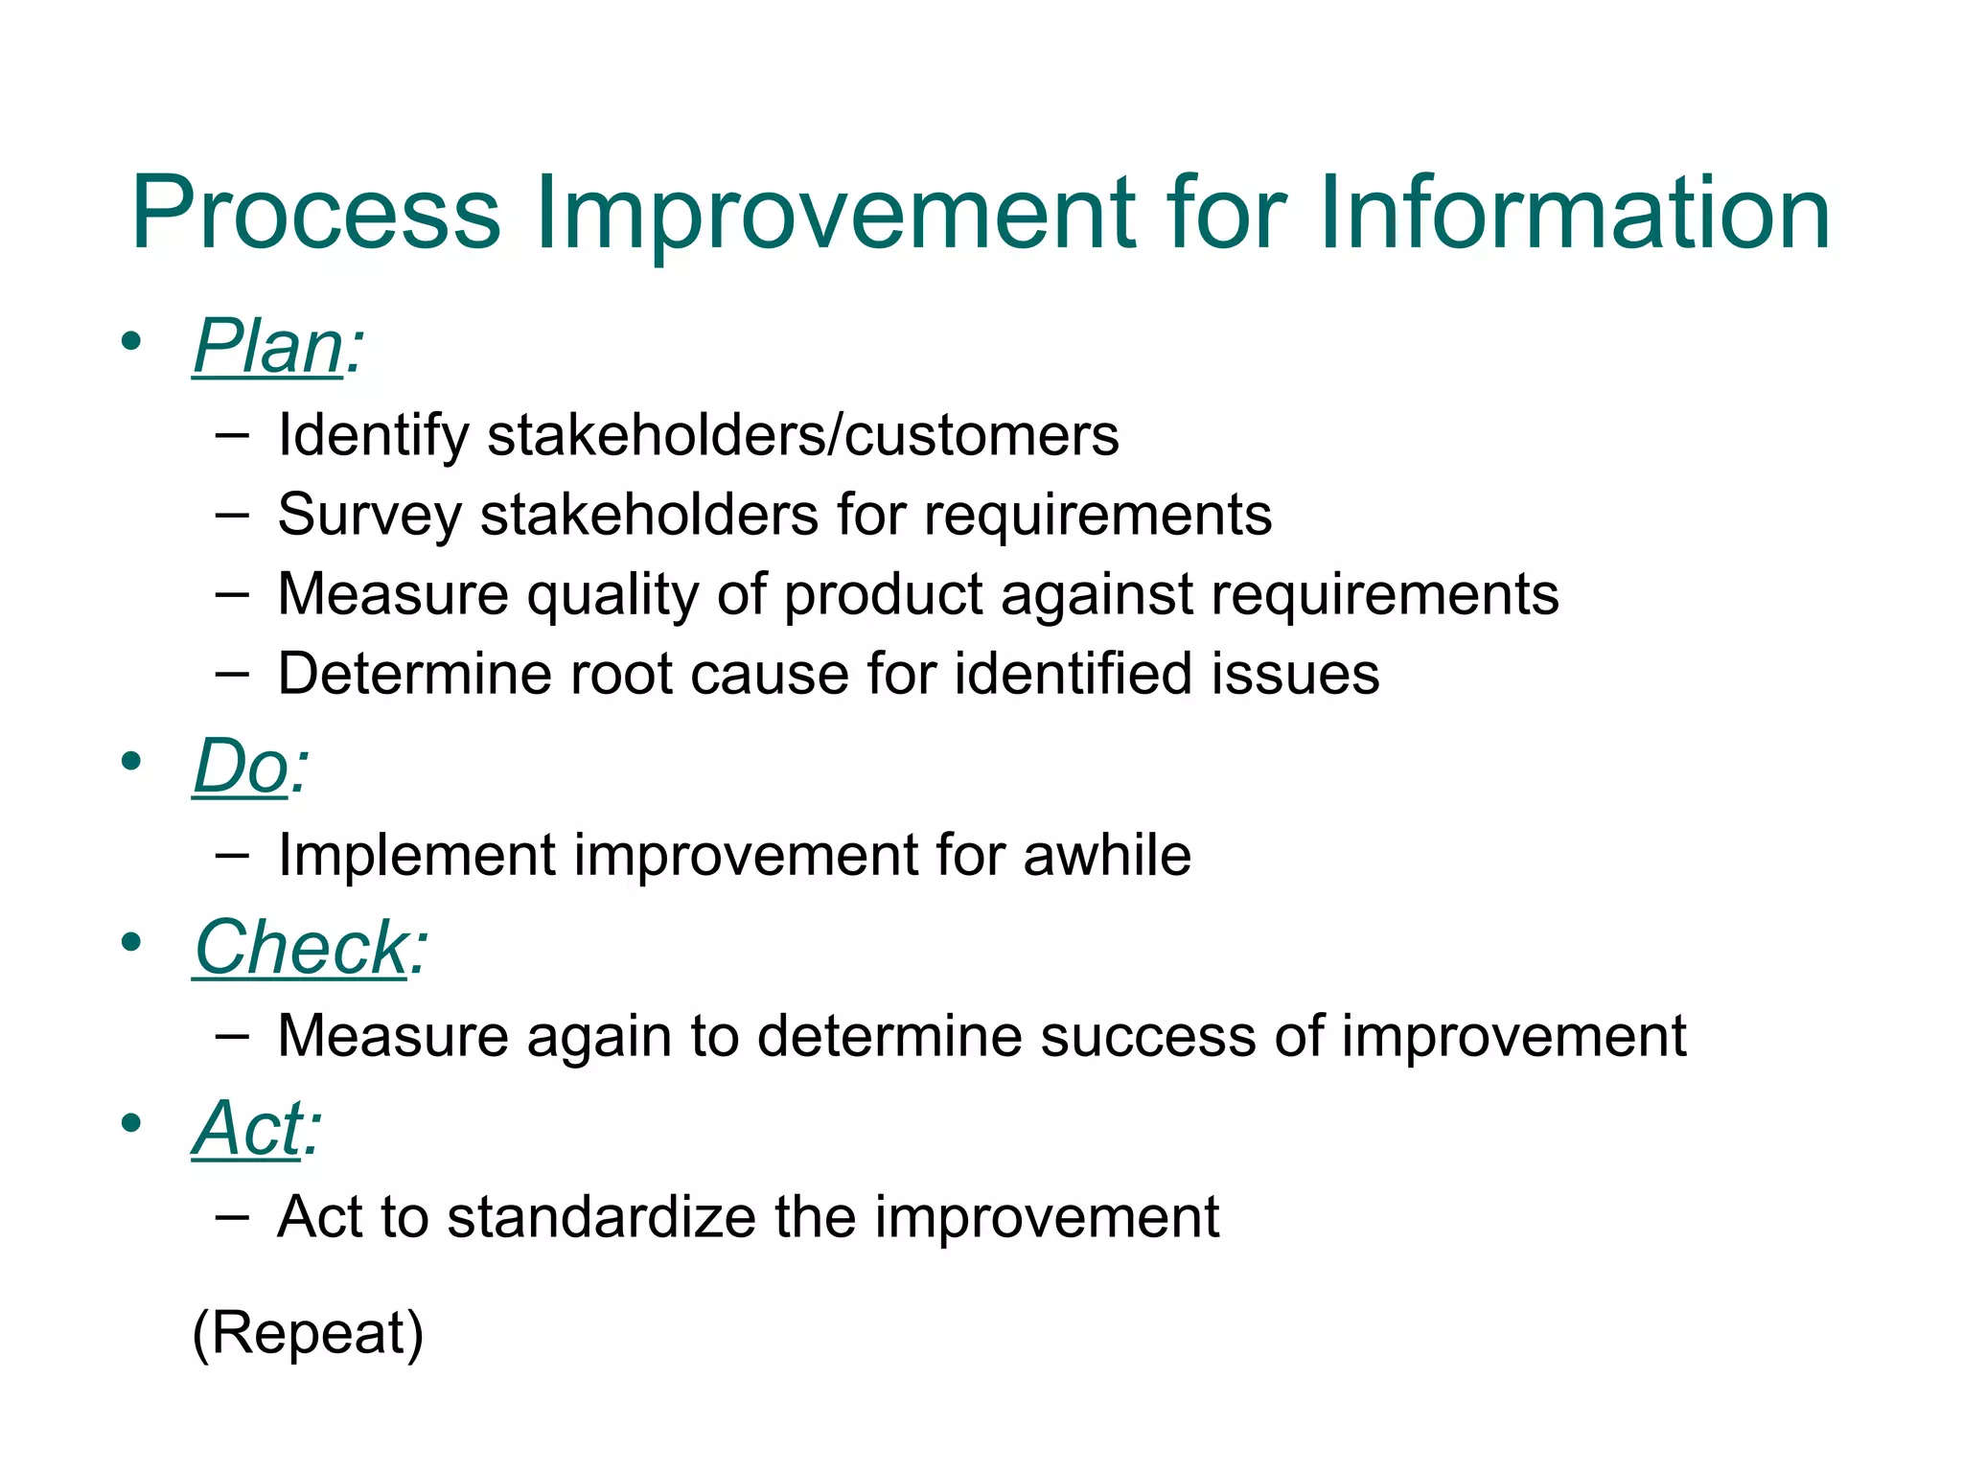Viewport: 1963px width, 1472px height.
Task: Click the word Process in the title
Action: (x=315, y=214)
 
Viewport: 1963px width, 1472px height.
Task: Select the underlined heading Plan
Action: (x=267, y=347)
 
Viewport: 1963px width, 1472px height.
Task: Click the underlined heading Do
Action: (x=241, y=768)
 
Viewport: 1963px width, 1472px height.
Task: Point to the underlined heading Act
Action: (x=246, y=1129)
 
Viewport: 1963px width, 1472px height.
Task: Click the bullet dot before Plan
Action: (x=131, y=341)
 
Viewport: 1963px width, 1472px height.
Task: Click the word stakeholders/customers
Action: (x=802, y=436)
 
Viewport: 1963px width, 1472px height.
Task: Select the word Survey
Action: (x=369, y=516)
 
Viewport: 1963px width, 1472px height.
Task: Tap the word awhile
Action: (x=1106, y=855)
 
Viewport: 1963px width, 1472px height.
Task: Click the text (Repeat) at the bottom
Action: (x=308, y=1333)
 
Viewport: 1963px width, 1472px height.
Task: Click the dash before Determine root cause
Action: (x=232, y=674)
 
